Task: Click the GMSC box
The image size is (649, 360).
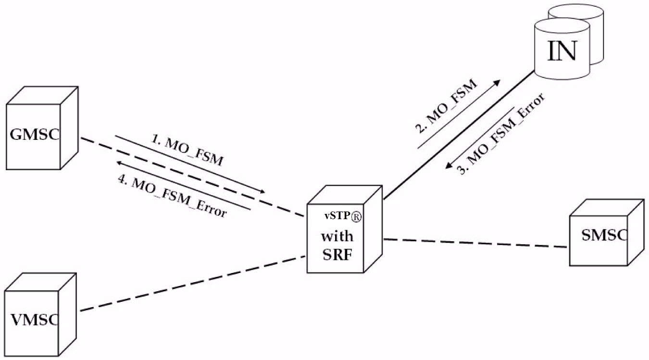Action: pyautogui.click(x=36, y=135)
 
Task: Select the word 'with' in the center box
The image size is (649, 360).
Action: pyautogui.click(x=337, y=236)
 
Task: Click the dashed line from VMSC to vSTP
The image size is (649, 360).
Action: pyautogui.click(x=192, y=284)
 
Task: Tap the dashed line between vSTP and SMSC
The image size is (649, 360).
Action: pyautogui.click(x=476, y=243)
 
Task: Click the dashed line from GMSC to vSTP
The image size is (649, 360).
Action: pyautogui.click(x=192, y=178)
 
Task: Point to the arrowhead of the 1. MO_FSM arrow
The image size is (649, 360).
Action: pyautogui.click(x=263, y=191)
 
